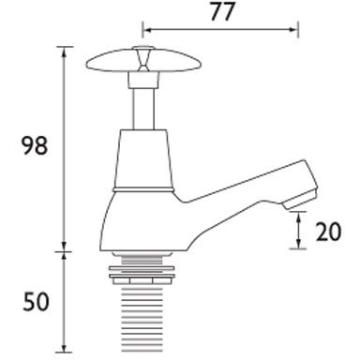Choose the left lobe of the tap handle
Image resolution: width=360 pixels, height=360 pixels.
click(x=103, y=64)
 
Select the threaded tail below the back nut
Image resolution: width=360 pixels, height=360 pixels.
click(x=142, y=319)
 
